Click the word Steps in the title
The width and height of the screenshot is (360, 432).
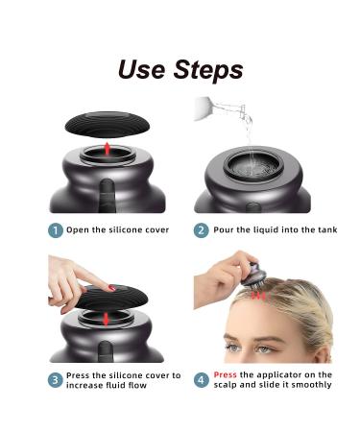208,70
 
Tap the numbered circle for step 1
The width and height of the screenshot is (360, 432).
56,229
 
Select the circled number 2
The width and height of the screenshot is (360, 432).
201,229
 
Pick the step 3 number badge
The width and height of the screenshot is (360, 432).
56,379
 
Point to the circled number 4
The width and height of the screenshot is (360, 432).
201,379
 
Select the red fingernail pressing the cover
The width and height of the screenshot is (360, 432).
111,287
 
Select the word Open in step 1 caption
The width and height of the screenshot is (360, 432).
80,229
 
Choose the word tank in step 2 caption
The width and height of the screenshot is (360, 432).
325,229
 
